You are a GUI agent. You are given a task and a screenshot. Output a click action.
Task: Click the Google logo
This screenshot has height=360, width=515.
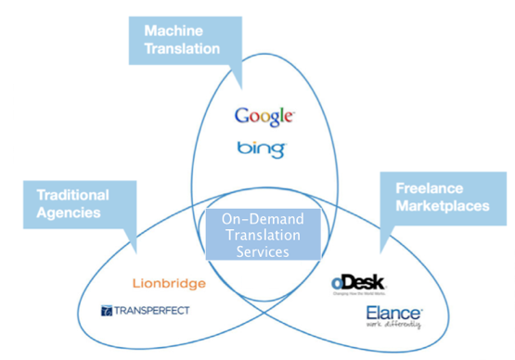tap(264, 116)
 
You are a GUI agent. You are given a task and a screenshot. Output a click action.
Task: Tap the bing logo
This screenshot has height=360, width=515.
tap(261, 148)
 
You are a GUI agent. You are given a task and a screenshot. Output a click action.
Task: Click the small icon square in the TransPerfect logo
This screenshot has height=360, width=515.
tap(107, 310)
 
